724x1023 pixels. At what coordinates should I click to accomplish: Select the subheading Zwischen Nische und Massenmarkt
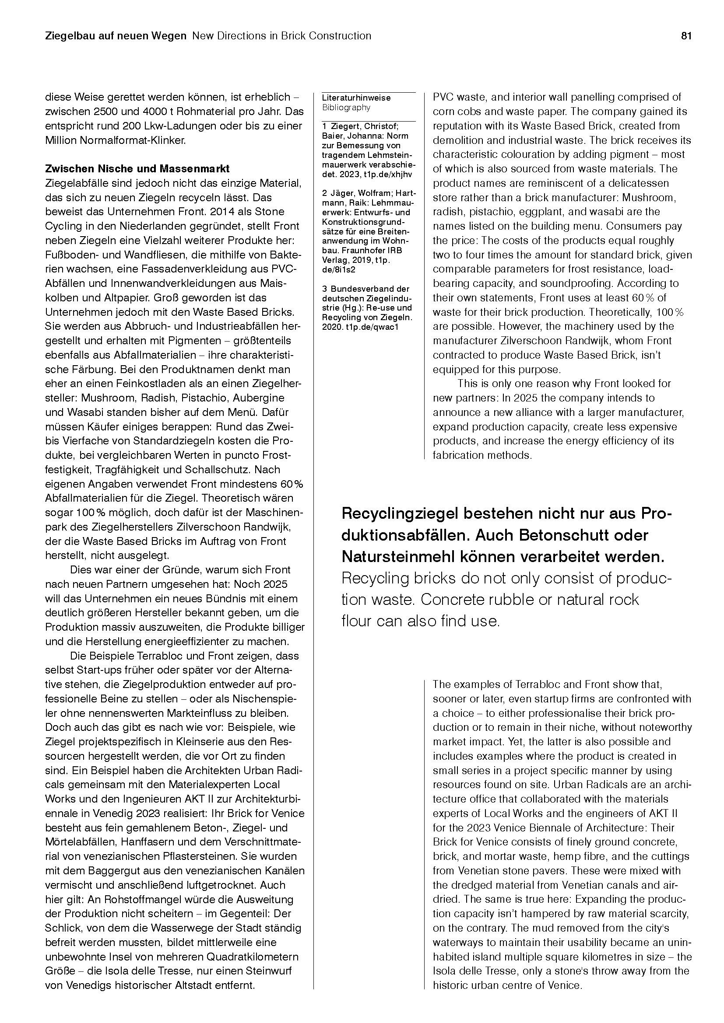pos(137,169)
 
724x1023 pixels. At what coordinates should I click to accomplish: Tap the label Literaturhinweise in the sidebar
pos(356,98)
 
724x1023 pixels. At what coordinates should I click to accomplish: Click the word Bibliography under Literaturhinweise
pos(346,108)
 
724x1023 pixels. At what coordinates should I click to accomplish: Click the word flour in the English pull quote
pos(357,621)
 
